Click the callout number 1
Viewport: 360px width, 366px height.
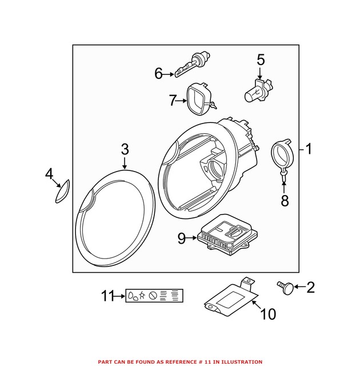pyautogui.click(x=309, y=150)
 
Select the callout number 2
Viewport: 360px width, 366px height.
pyautogui.click(x=310, y=287)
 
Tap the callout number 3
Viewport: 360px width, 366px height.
pyautogui.click(x=125, y=150)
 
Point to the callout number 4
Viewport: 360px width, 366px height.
pyautogui.click(x=50, y=173)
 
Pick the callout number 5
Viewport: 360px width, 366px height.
pyautogui.click(x=261, y=59)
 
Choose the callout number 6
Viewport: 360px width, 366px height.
pyautogui.click(x=159, y=73)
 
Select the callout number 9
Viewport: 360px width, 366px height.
pyautogui.click(x=182, y=239)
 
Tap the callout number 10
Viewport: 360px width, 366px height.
pyautogui.click(x=268, y=314)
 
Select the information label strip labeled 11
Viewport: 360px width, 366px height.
pyautogui.click(x=155, y=296)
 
